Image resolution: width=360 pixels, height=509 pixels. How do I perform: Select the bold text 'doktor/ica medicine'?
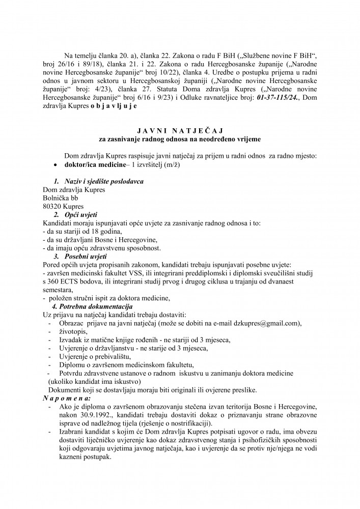(x=96, y=166)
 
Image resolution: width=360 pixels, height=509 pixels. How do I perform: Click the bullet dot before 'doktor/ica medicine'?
(x=55, y=166)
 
